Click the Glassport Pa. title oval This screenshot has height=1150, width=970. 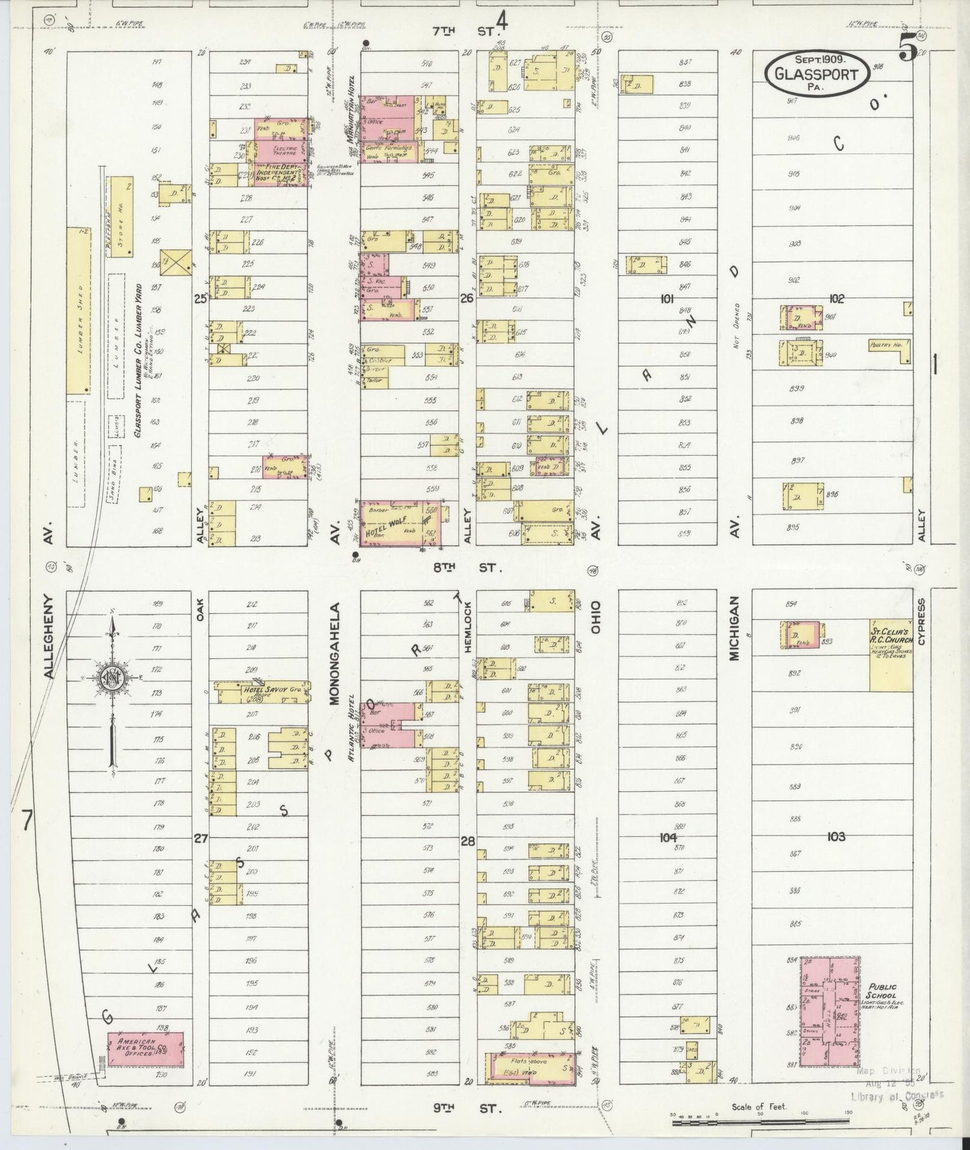point(817,70)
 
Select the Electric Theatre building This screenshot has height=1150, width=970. point(281,148)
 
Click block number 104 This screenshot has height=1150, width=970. point(667,837)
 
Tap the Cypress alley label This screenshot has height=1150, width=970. point(921,622)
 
